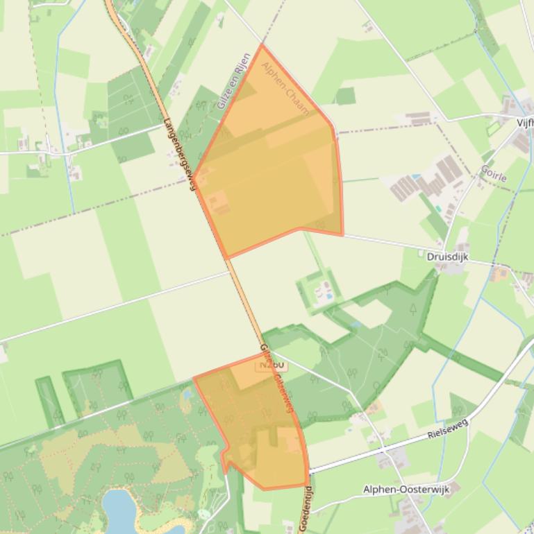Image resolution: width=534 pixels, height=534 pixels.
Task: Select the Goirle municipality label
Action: click(x=494, y=173)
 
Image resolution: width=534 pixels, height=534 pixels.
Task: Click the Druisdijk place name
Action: click(x=447, y=257)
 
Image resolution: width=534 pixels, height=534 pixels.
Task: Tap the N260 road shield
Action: click(x=272, y=365)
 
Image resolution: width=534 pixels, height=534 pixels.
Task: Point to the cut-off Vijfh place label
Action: click(x=525, y=123)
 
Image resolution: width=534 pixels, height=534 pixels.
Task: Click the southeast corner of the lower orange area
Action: click(x=308, y=485)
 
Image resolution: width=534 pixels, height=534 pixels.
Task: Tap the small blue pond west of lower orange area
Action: click(x=187, y=396)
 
